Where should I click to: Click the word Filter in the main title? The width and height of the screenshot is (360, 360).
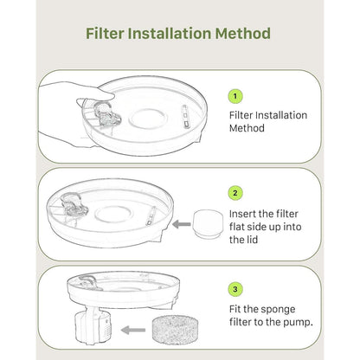pyautogui.click(x=105, y=33)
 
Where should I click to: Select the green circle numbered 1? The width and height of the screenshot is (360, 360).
pyautogui.click(x=235, y=96)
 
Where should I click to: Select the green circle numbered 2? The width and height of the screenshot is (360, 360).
pyautogui.click(x=235, y=193)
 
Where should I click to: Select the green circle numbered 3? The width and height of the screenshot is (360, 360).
pyautogui.click(x=235, y=289)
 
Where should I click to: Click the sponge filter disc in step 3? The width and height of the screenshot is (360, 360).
pyautogui.click(x=175, y=330)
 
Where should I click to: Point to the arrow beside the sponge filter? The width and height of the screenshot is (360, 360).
pyautogui.click(x=133, y=330)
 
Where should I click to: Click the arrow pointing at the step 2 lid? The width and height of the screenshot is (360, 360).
pyautogui.click(x=182, y=224)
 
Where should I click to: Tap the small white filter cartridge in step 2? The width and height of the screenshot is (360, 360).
pyautogui.click(x=208, y=224)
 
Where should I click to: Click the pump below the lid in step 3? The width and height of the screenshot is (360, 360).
pyautogui.click(x=93, y=325)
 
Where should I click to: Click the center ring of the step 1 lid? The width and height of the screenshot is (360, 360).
pyautogui.click(x=148, y=119)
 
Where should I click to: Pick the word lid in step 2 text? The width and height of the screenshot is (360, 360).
pyautogui.click(x=252, y=240)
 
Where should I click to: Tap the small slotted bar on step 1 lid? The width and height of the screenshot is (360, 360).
pyautogui.click(x=185, y=116)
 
